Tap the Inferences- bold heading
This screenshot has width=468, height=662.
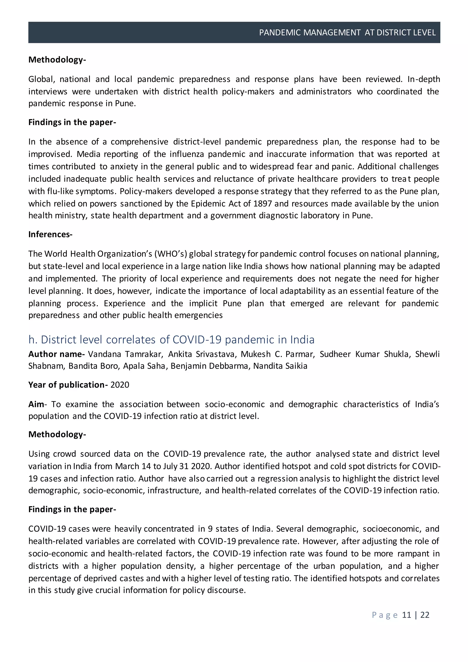tap(50, 234)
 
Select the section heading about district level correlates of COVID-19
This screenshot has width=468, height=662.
tap(171, 340)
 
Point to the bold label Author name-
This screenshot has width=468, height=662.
tap(56, 354)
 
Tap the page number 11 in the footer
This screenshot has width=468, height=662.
tap(406, 615)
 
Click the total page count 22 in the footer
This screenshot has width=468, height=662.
tap(425, 615)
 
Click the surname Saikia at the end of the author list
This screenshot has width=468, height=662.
tap(297, 366)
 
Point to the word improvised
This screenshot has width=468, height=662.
tap(50, 154)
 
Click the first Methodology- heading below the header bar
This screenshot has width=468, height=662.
tap(57, 60)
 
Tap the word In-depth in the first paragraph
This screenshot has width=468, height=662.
tap(423, 79)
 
